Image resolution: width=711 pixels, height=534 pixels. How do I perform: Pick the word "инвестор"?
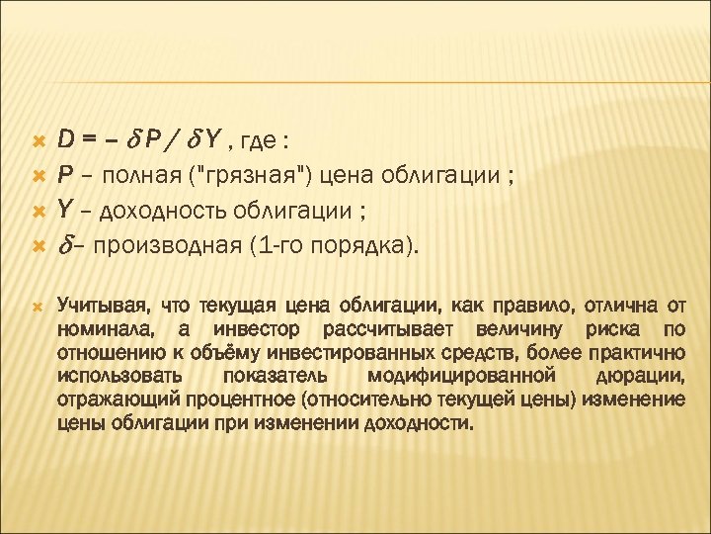(x=260, y=328)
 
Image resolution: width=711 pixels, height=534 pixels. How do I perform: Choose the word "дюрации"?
(x=642, y=376)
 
